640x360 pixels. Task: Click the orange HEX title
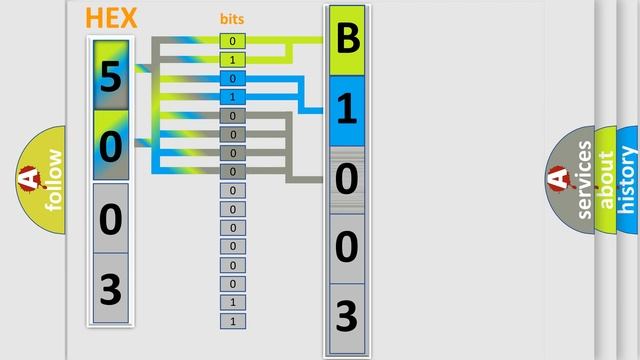click(112, 18)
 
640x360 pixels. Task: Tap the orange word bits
click(232, 19)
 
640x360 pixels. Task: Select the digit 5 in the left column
click(111, 76)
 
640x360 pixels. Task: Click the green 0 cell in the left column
click(111, 146)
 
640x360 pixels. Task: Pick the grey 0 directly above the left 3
click(111, 217)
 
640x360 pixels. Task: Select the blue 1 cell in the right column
click(347, 111)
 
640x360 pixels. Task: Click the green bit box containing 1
click(233, 60)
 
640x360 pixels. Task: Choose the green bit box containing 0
click(233, 42)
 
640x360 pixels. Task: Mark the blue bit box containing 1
click(233, 97)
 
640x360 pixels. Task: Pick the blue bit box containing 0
click(233, 78)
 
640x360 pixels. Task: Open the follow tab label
click(53, 178)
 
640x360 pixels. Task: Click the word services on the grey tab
click(585, 180)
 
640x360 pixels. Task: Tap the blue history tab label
click(628, 180)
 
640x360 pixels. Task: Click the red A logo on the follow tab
click(27, 179)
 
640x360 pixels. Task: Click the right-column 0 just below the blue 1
click(347, 180)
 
